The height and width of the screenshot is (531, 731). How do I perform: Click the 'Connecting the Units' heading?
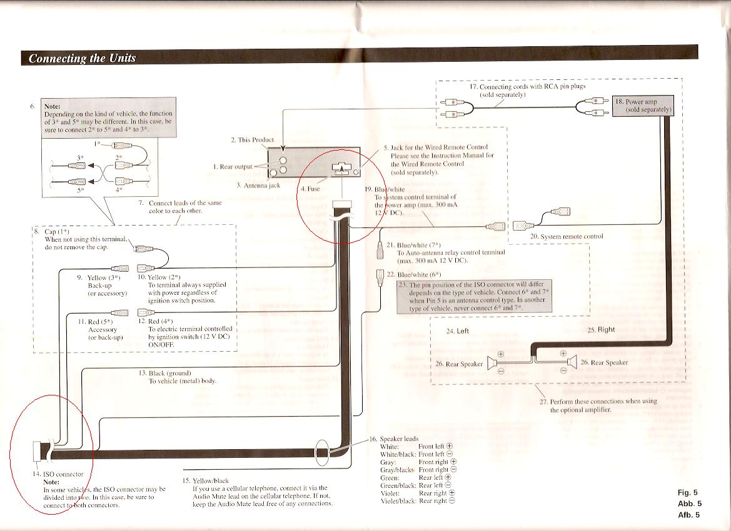click(82, 58)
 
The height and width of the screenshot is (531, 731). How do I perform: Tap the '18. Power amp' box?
click(642, 106)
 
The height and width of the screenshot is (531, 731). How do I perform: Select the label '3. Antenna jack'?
click(258, 186)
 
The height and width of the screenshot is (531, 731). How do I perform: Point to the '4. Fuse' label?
click(311, 189)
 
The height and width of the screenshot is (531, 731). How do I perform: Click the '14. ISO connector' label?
click(58, 474)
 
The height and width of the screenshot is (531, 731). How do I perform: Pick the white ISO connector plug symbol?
click(37, 451)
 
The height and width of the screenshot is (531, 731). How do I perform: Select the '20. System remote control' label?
click(567, 236)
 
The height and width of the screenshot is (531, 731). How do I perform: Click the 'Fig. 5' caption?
click(688, 492)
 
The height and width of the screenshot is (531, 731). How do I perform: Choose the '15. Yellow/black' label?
click(206, 480)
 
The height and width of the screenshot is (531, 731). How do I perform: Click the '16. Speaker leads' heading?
click(394, 439)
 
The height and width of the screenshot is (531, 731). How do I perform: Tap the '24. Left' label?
click(457, 331)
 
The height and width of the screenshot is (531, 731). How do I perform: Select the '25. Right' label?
click(601, 330)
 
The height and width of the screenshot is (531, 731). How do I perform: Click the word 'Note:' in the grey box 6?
click(53, 106)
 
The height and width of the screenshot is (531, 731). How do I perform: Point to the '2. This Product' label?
click(252, 140)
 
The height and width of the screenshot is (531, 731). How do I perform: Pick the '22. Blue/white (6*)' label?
click(414, 274)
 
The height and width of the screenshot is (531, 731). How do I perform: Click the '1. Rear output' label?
click(233, 167)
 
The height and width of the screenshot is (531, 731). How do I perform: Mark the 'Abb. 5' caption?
click(690, 504)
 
